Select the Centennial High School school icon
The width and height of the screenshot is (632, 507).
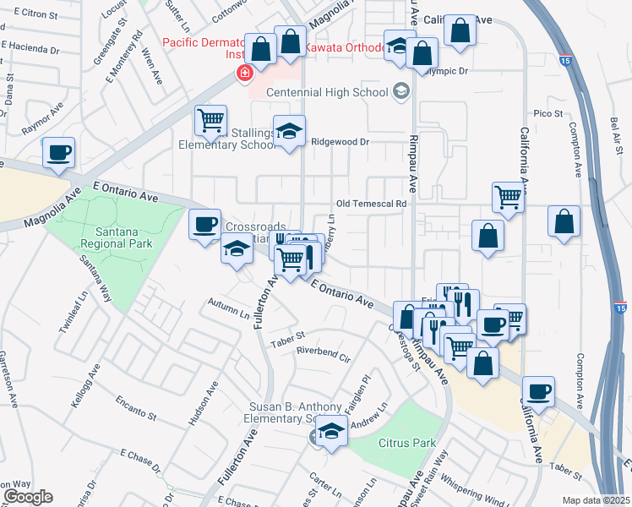click(400, 91)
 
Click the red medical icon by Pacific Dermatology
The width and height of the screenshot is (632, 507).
click(245, 74)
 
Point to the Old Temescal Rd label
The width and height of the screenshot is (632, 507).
click(372, 204)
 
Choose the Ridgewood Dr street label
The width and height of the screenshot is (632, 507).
click(341, 142)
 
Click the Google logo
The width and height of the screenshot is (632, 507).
click(28, 497)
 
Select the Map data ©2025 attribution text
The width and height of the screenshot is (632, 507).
click(596, 500)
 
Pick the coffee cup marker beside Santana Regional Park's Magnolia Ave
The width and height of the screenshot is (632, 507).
click(58, 153)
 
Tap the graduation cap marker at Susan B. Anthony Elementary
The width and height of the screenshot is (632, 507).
click(333, 432)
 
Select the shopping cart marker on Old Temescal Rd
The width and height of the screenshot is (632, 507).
click(508, 197)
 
